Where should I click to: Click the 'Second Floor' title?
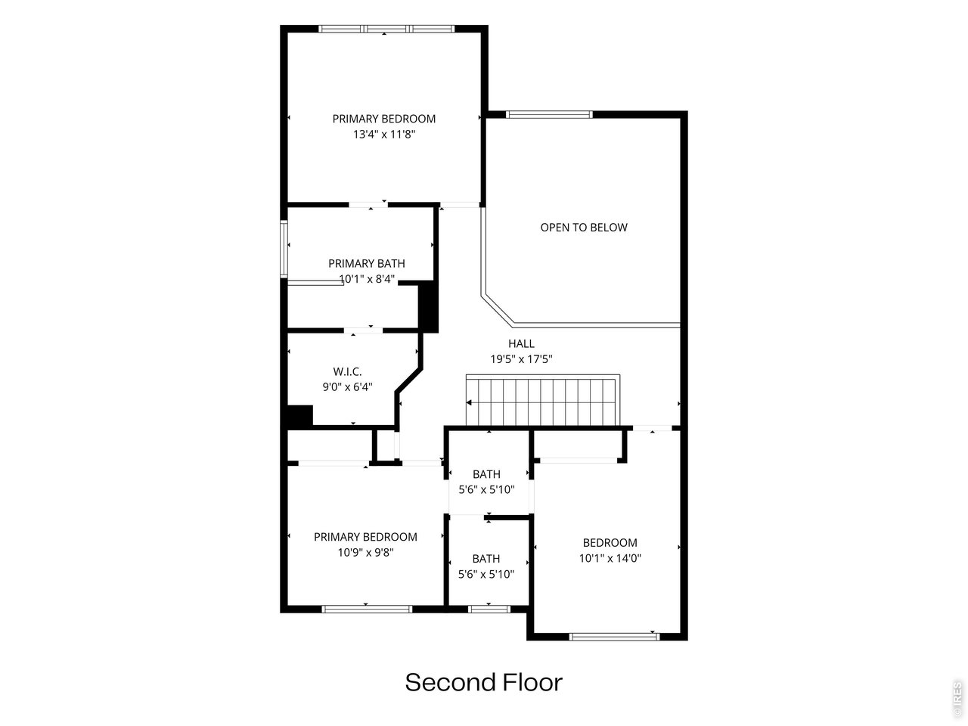pos(484,683)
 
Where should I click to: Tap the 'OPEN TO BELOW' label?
pos(583,228)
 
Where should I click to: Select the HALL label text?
pos(521,343)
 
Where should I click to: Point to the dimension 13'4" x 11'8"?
pos(384,135)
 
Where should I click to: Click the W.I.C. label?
pos(348,371)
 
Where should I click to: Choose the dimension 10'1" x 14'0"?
pos(610,558)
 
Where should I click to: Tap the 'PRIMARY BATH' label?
pos(367,264)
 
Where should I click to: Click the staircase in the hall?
pos(543,400)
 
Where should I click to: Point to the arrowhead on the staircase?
pos(469,402)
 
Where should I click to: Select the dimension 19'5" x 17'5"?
pos(521,359)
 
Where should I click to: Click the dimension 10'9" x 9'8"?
pos(365,552)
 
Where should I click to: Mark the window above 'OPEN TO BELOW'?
pos(549,115)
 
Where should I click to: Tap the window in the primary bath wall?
pos(284,249)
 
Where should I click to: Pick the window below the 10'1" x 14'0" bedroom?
pos(614,637)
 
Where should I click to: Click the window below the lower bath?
pos(489,610)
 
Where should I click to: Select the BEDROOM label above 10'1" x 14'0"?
pos(610,543)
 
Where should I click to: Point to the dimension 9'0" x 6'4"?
pos(348,387)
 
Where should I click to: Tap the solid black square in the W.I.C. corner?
pos(300,416)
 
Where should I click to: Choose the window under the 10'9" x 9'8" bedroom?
pos(367,610)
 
